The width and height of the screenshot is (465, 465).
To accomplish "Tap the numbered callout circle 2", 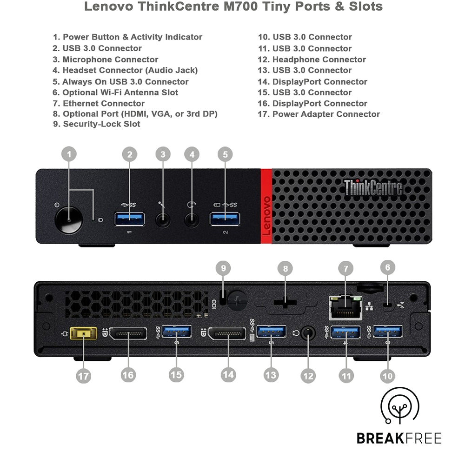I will point(130,155).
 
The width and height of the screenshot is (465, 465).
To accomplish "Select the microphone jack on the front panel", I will point(162,219).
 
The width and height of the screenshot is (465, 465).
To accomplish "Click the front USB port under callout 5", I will point(225,218).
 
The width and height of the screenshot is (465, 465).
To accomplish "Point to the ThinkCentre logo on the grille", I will point(373,187).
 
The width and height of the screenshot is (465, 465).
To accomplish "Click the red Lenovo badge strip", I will point(266,206).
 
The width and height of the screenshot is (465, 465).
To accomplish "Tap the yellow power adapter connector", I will point(83,334).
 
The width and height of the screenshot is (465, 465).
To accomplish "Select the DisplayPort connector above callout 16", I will point(128,334).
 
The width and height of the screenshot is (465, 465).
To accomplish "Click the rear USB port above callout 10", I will point(387,332).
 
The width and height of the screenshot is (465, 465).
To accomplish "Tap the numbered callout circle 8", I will point(285,268).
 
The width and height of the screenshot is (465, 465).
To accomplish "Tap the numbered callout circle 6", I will point(387,267).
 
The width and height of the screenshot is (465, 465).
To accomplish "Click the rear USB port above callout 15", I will point(177,332).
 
